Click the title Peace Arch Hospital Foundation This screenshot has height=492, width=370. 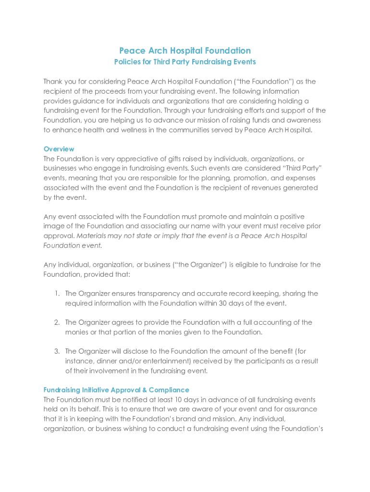click(185, 50)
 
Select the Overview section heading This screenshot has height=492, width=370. click(59, 149)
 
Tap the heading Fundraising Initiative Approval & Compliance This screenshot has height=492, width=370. click(116, 390)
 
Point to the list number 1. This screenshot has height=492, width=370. click(57, 294)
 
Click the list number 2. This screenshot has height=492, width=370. click(57, 322)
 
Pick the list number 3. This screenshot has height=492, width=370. click(57, 351)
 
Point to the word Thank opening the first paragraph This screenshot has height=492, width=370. click(53, 82)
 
